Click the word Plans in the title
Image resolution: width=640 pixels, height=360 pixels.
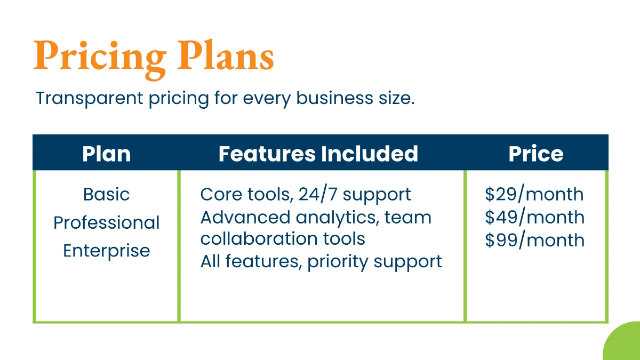point(226,56)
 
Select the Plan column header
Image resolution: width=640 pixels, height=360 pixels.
point(106,154)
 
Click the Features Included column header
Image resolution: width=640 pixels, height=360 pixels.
point(318,154)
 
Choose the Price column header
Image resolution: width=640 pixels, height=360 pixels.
point(535,154)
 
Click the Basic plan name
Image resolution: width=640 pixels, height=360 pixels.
point(106,194)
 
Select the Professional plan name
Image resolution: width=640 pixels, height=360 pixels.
point(106,222)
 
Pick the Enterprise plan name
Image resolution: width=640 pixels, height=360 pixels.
point(106,251)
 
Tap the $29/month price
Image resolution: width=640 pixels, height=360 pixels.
point(534,194)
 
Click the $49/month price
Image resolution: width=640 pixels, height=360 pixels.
point(534,217)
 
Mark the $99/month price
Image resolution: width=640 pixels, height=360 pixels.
point(534,240)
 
